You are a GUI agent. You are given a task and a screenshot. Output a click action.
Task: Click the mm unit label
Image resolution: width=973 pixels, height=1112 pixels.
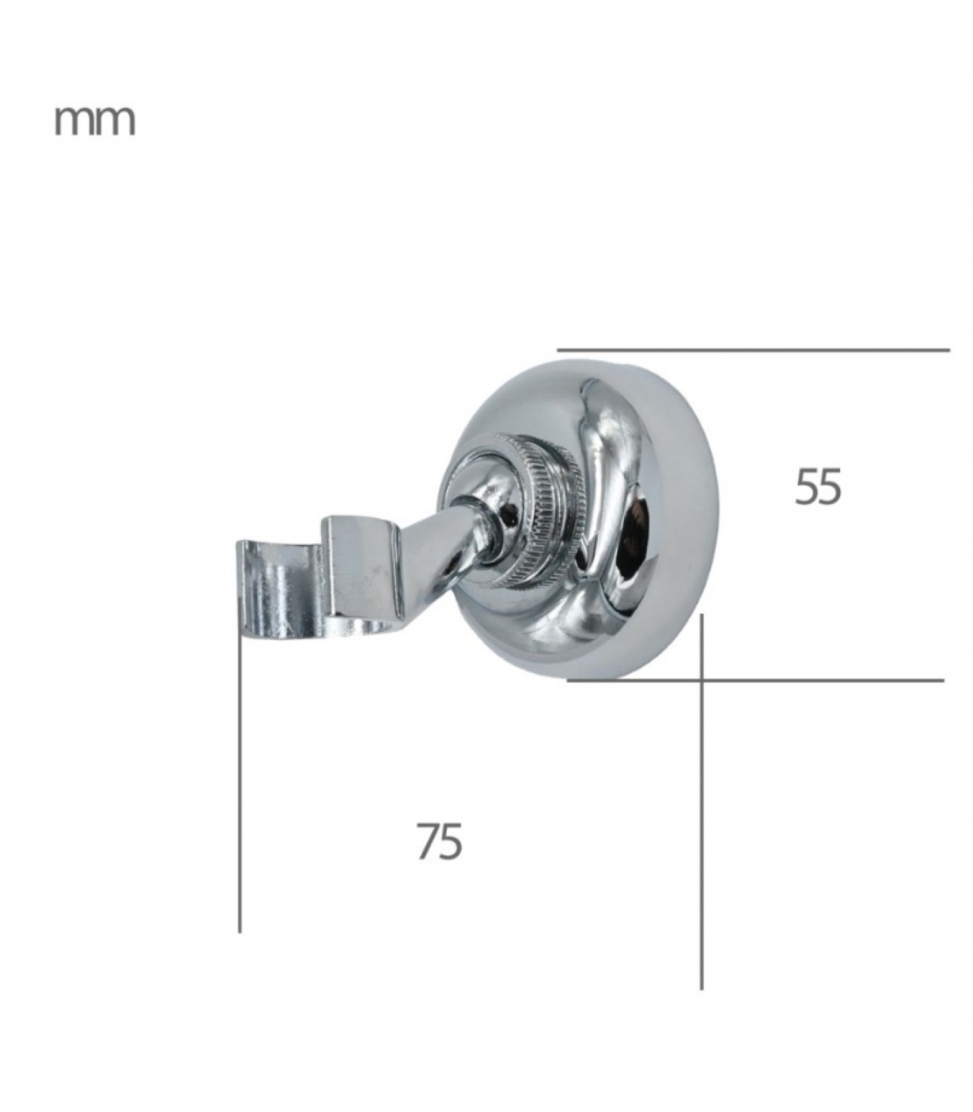coord(95,122)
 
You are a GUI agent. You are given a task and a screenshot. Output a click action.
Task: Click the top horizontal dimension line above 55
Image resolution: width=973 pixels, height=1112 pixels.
coord(753,350)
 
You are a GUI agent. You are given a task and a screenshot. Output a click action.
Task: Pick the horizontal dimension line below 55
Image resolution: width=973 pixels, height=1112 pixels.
coord(755,680)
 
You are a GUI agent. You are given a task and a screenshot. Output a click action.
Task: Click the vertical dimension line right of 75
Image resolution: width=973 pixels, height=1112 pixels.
coord(701,801)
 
